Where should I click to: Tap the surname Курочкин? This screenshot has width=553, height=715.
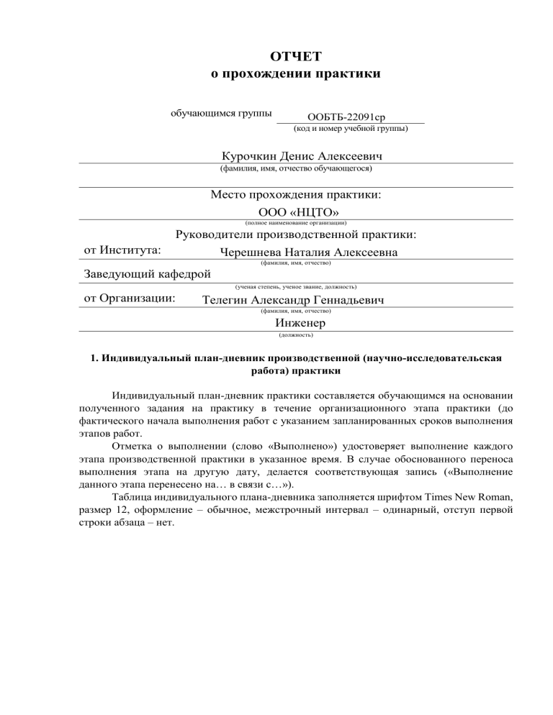click(x=251, y=156)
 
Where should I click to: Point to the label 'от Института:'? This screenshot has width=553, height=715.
click(x=122, y=250)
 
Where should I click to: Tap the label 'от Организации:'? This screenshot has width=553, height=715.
click(x=130, y=298)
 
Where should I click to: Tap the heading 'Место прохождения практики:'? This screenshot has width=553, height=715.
click(x=295, y=195)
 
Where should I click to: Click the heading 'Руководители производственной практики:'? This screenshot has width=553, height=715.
click(x=295, y=234)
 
